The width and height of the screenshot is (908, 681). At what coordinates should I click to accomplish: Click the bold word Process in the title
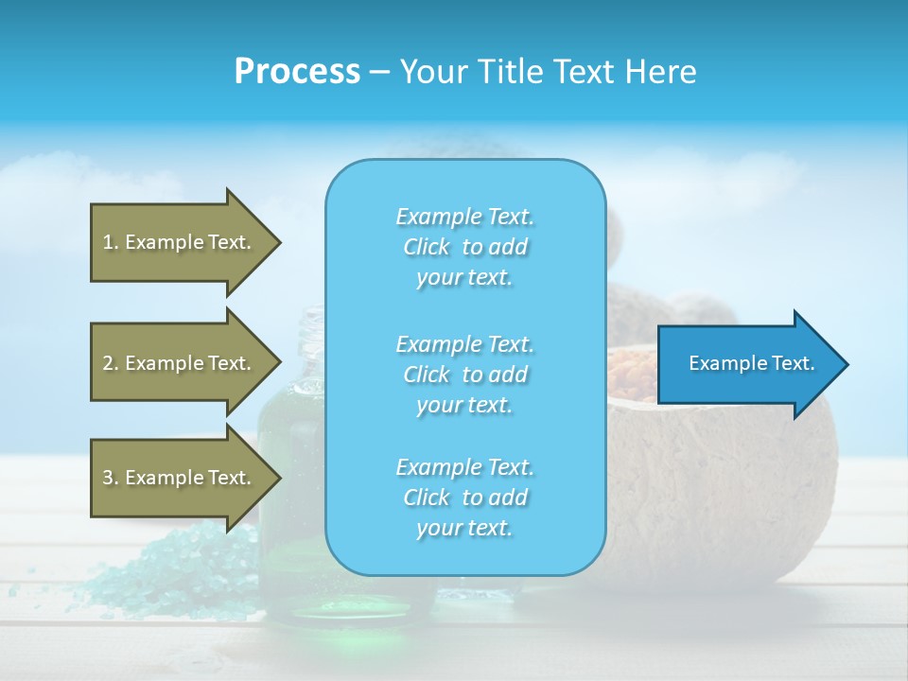pyautogui.click(x=297, y=72)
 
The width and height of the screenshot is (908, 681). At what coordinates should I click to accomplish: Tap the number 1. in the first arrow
pyautogui.click(x=111, y=242)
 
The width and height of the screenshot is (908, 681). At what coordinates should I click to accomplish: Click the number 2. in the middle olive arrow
pyautogui.click(x=111, y=363)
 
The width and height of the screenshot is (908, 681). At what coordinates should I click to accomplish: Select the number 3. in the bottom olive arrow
pyautogui.click(x=111, y=478)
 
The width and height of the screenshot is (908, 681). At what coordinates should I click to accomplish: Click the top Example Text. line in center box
pyautogui.click(x=464, y=218)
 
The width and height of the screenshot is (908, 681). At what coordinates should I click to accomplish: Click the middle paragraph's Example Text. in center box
pyautogui.click(x=464, y=344)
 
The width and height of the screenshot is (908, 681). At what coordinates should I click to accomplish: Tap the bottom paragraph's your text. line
pyautogui.click(x=464, y=529)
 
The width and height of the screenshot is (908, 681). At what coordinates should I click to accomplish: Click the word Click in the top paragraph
pyautogui.click(x=427, y=248)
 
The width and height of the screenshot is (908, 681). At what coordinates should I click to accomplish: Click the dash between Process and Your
pyautogui.click(x=379, y=73)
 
